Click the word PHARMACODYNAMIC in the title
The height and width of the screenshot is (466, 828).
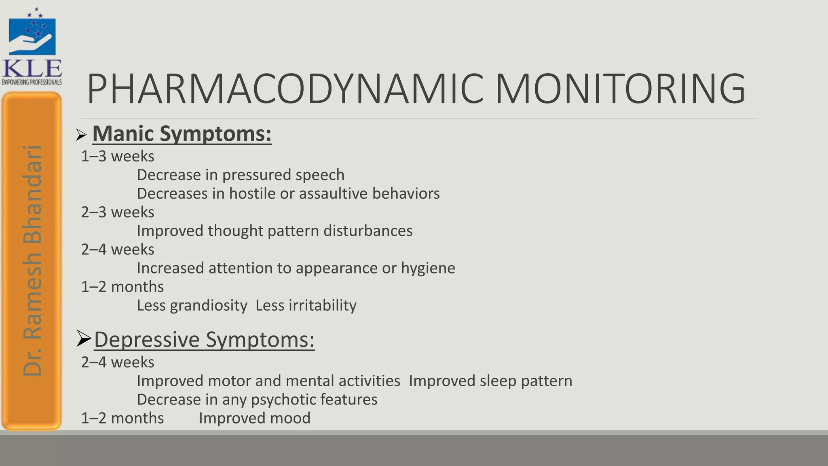click(285, 89)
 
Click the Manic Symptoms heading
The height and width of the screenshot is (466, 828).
click(182, 133)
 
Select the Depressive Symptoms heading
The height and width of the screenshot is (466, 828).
click(204, 339)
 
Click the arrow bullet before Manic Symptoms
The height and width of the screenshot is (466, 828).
click(81, 135)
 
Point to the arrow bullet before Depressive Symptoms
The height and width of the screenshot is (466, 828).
click(84, 339)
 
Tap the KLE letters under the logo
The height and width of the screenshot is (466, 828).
click(32, 68)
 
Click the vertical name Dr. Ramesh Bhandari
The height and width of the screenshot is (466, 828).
click(32, 261)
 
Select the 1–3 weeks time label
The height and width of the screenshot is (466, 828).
click(118, 156)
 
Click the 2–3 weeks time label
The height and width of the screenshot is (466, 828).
click(118, 212)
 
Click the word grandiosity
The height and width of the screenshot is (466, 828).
click(209, 305)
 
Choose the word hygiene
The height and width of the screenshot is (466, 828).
click(428, 268)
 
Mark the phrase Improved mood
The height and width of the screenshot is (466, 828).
click(255, 418)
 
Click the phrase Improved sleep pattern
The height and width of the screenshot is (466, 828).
click(490, 381)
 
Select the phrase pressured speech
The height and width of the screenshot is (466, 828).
click(283, 175)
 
